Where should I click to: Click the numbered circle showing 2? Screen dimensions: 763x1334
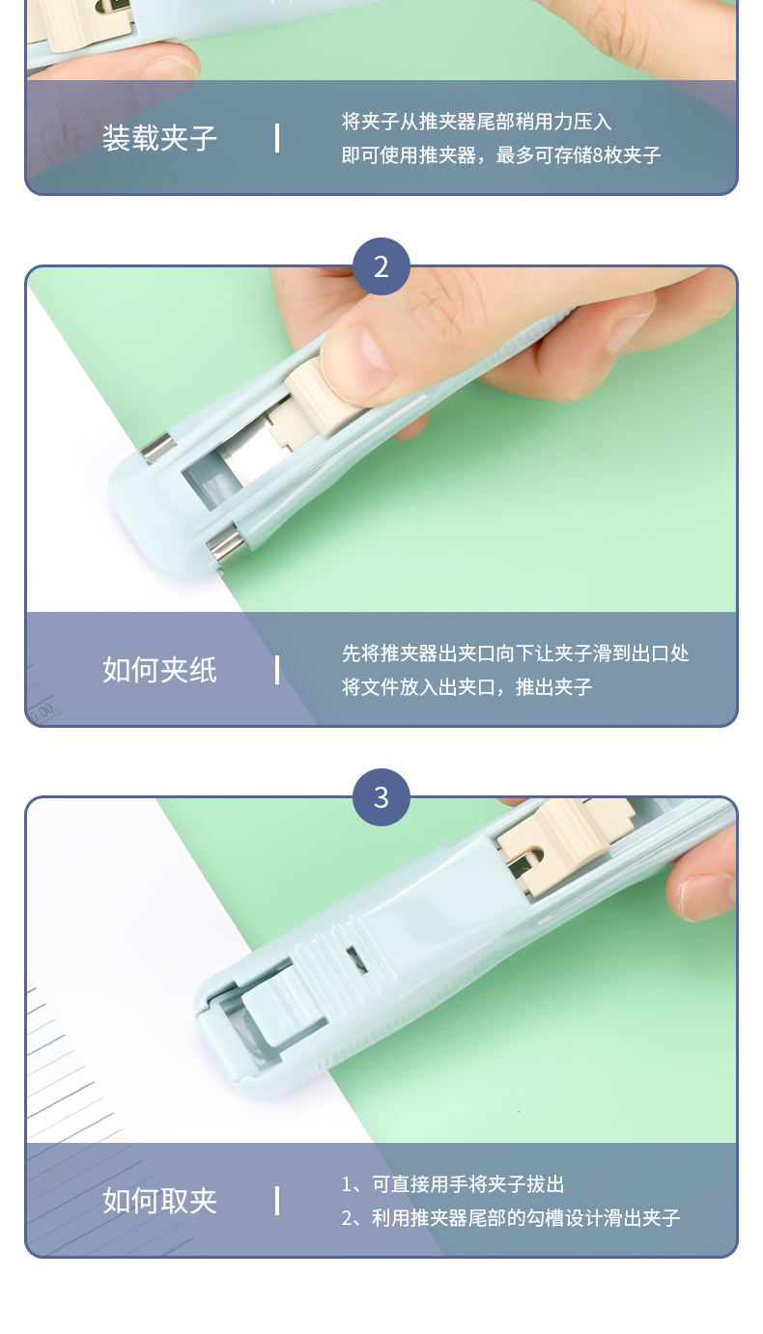[x=381, y=266]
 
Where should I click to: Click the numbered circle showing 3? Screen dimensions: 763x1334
[x=381, y=796]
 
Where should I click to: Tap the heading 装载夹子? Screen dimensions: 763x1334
[x=159, y=138]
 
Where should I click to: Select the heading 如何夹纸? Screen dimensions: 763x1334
[x=159, y=669]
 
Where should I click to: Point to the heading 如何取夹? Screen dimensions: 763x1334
[x=159, y=1200]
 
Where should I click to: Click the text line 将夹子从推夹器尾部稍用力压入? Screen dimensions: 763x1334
[x=477, y=122]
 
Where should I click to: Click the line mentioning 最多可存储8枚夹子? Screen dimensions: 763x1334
[x=501, y=155]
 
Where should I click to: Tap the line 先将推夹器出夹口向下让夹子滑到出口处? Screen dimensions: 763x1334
[x=516, y=653]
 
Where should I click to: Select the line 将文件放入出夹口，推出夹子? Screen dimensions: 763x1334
[x=467, y=686]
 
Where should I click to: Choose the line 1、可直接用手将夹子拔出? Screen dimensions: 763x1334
[x=453, y=1184]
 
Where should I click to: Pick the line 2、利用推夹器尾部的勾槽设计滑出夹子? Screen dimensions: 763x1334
[x=511, y=1218]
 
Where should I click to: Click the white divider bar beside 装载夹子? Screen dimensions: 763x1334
[x=277, y=138]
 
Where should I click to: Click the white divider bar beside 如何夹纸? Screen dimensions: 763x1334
[x=277, y=670]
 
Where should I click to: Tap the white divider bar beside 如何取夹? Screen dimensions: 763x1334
[x=277, y=1201]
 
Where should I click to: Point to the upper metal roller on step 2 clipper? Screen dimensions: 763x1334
[x=158, y=448]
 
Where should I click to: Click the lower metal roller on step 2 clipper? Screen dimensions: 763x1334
[x=226, y=545]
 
